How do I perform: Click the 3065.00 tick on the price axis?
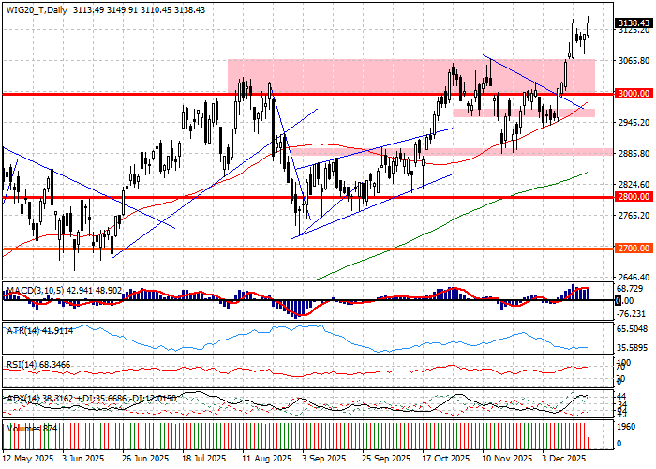click(x=634, y=61)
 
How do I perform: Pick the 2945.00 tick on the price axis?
click(x=634, y=123)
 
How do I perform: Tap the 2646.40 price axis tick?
click(x=634, y=278)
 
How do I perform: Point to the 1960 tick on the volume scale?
click(x=626, y=425)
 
